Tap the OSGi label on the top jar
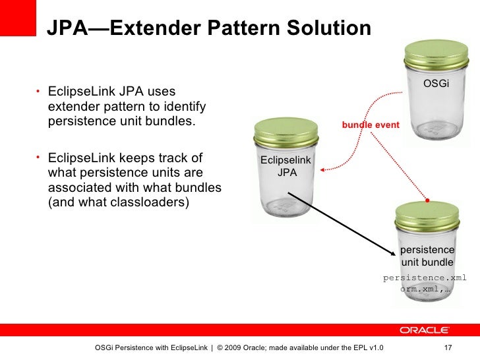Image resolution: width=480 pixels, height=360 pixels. tap(436, 84)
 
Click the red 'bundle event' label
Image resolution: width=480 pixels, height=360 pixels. tap(370, 124)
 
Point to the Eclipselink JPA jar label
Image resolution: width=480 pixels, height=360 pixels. tap(286, 167)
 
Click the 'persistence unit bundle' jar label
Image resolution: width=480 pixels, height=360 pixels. tap(427, 256)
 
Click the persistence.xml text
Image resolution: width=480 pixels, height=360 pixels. tap(425, 278)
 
